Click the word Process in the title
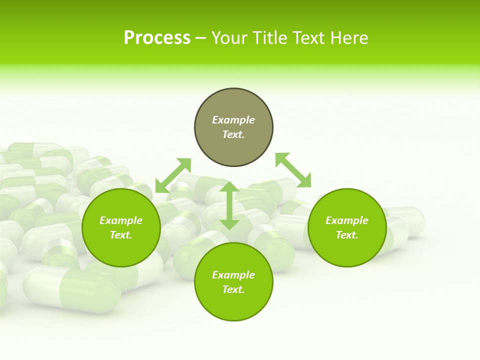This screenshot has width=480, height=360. click(x=157, y=38)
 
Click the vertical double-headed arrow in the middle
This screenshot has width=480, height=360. click(x=229, y=205)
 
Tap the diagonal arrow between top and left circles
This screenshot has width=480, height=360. click(x=173, y=175)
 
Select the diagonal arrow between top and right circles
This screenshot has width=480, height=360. click(x=293, y=170)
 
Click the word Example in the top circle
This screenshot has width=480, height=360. click(x=233, y=120)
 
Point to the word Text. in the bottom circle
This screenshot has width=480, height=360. click(x=233, y=289)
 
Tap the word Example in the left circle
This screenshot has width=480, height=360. click(x=121, y=220)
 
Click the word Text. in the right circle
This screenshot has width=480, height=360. click(x=347, y=235)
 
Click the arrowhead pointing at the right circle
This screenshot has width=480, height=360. click(x=304, y=180)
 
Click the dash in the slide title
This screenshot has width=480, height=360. click(x=201, y=38)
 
